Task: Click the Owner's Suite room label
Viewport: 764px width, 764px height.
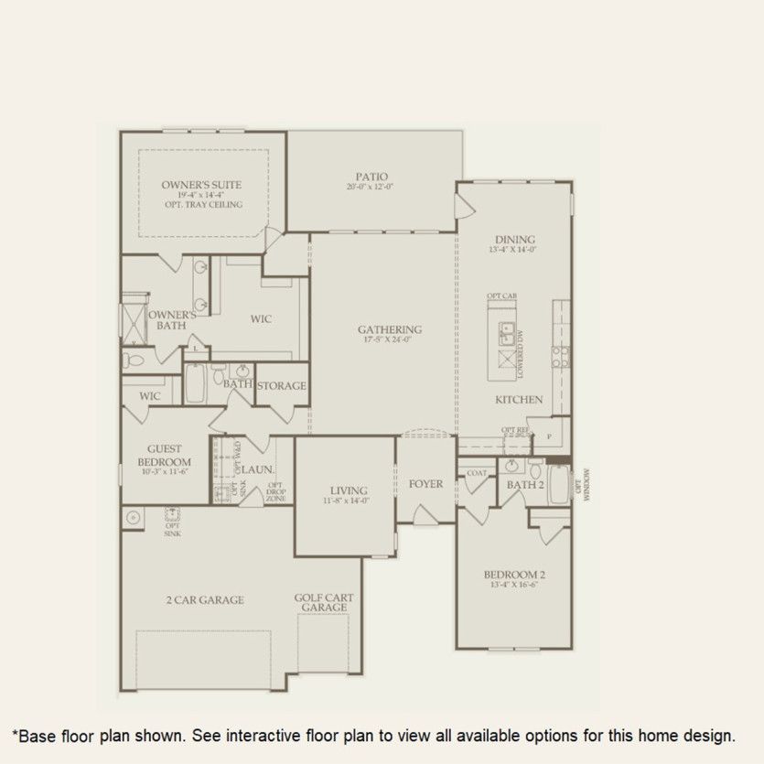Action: [201, 185]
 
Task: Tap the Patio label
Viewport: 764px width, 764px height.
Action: [372, 177]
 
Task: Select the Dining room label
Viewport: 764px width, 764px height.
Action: [515, 239]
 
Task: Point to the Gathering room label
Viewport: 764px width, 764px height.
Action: [390, 329]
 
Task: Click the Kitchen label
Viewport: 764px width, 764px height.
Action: [519, 400]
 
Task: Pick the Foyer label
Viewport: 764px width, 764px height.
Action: [425, 484]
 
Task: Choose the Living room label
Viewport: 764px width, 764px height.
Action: [350, 490]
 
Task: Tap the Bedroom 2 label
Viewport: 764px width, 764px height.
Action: [514, 575]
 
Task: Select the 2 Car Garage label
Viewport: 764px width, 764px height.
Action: [205, 600]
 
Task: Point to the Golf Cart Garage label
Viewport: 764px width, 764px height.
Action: [324, 603]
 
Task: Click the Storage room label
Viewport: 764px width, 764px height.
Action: [281, 386]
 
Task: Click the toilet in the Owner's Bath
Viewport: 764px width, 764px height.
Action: [133, 360]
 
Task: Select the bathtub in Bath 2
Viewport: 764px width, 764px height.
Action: [558, 485]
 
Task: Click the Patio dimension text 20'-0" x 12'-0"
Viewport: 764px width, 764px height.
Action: [372, 188]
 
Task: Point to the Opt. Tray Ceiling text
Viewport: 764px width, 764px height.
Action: [201, 205]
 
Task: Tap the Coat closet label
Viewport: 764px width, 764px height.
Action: [476, 473]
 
